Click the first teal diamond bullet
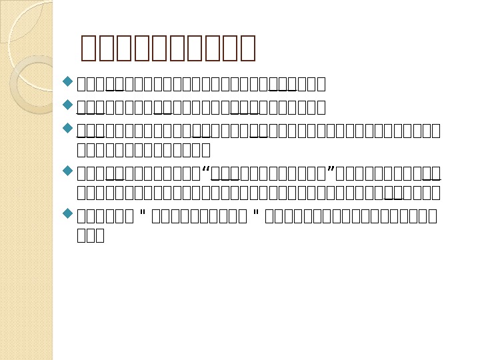coord(67,83)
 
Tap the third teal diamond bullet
coord(67,127)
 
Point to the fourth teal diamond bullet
coord(67,171)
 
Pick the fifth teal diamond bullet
coord(67,214)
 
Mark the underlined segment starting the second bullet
coord(91,107)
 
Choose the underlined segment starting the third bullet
coord(91,129)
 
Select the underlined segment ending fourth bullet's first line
coord(432,174)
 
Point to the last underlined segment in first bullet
coord(282,84)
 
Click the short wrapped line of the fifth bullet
coord(91,235)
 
